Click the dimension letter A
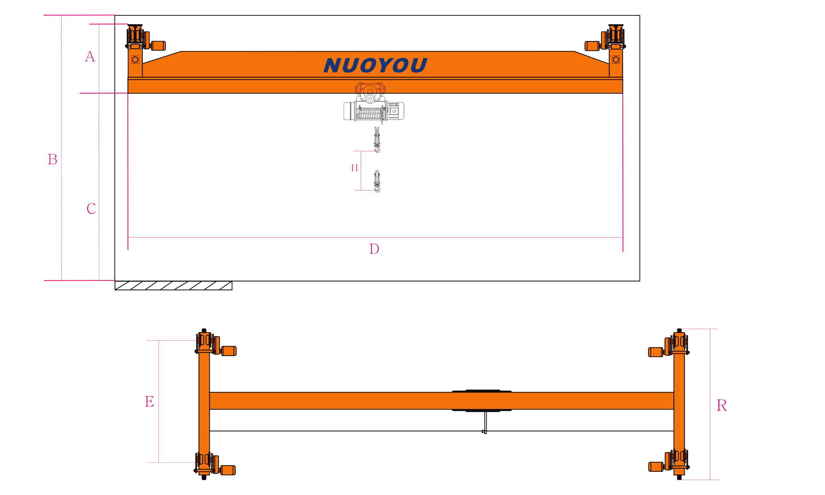tap(90, 57)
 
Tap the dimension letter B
tap(53, 159)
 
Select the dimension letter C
tap(91, 209)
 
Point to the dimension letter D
tap(374, 249)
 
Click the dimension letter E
tap(150, 401)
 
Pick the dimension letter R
tap(721, 406)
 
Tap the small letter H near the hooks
tap(355, 168)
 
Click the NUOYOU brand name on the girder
tap(375, 65)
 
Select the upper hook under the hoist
tap(377, 140)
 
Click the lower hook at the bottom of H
tap(377, 181)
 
